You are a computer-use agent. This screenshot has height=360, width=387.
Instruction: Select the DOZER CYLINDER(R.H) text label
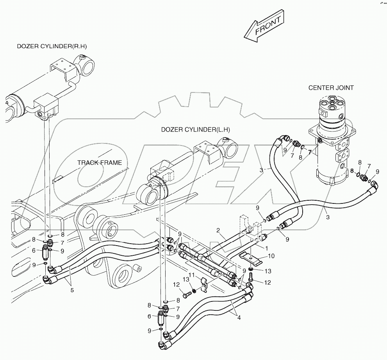point(52,46)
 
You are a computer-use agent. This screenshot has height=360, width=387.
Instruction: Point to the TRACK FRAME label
point(100,162)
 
